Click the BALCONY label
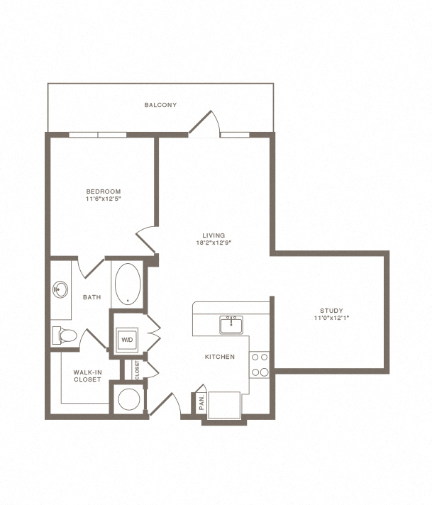point(160,105)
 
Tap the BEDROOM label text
point(104,192)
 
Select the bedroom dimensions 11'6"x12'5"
point(104,199)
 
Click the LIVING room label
point(214,235)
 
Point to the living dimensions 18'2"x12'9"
point(214,243)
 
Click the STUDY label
point(331,311)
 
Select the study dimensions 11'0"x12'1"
point(331,318)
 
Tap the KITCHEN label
point(220,357)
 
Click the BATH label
point(92,297)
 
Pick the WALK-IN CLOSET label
point(87,376)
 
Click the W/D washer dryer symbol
point(127,340)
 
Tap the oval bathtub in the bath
point(128,284)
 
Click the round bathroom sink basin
point(60,289)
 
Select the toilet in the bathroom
point(65,335)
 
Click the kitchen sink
point(231,325)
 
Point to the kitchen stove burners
point(260,365)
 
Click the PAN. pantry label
point(202,403)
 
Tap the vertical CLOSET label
point(137,370)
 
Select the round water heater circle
point(129,399)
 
